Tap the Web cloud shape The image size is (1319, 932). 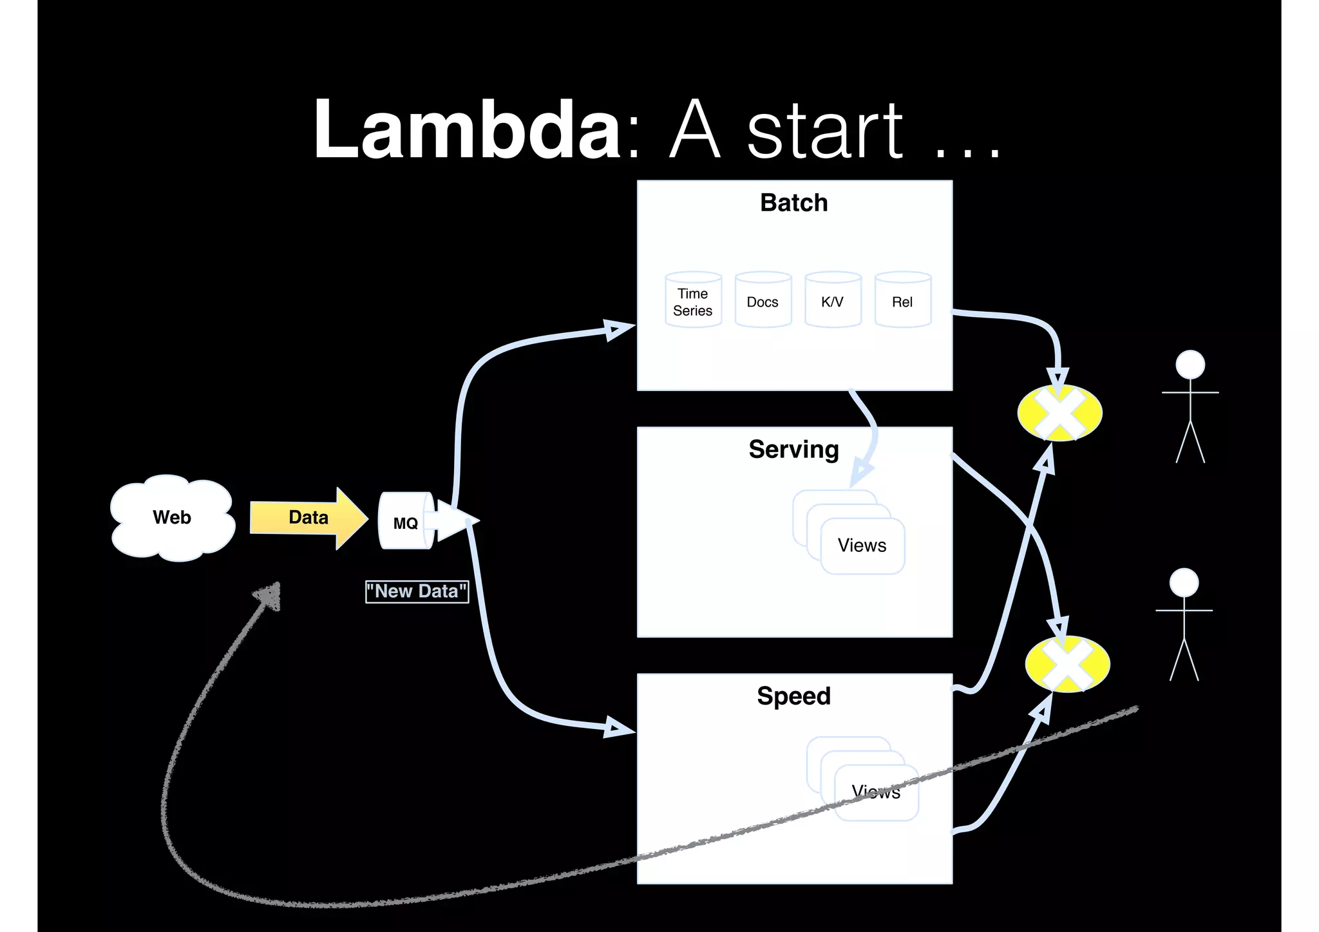click(x=172, y=517)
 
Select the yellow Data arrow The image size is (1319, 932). click(x=308, y=518)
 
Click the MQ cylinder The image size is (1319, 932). click(x=406, y=522)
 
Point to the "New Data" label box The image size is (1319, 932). click(x=417, y=591)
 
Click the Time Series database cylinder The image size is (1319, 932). click(x=693, y=301)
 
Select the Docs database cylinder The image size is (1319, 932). click(x=763, y=301)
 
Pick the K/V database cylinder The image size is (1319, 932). click(x=832, y=301)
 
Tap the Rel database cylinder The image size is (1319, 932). click(x=902, y=301)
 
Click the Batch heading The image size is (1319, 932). click(x=793, y=203)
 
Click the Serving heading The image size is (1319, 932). click(x=793, y=450)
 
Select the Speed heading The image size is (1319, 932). click(x=793, y=696)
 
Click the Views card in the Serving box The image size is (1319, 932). click(x=862, y=546)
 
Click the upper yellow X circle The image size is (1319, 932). click(x=1059, y=413)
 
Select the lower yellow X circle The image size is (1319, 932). click(x=1067, y=664)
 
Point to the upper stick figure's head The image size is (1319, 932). click(x=1190, y=365)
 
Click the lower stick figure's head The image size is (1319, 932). click(x=1184, y=582)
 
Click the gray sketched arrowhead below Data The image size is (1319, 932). click(x=269, y=596)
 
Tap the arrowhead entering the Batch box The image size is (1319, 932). click(x=618, y=330)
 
